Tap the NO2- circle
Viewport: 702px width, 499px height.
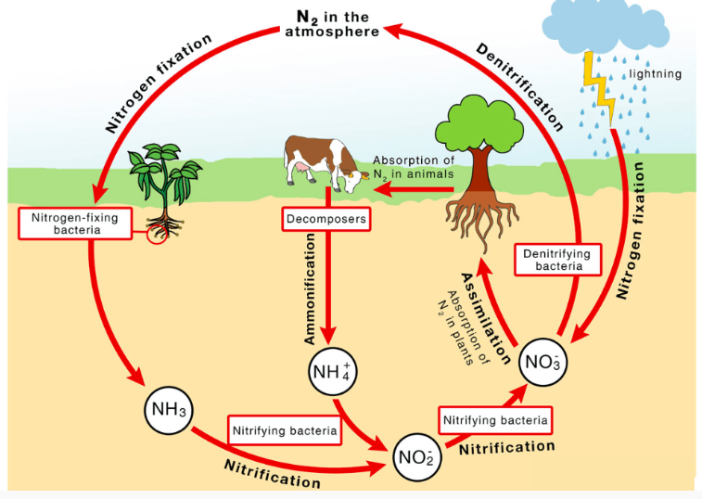415,455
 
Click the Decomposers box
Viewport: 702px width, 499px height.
326,220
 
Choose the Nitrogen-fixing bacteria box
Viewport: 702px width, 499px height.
71,222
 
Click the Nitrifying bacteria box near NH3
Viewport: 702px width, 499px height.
284,430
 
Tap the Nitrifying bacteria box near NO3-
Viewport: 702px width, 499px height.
495,420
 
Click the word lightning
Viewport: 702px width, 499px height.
655,73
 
